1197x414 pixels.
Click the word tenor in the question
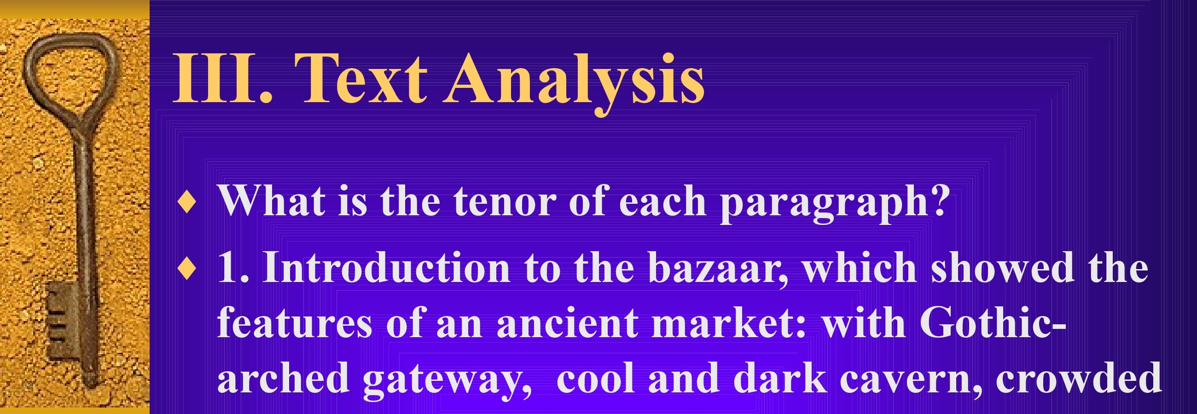504,201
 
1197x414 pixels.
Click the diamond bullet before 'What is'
187,202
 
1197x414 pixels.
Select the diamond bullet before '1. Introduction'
187,270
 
